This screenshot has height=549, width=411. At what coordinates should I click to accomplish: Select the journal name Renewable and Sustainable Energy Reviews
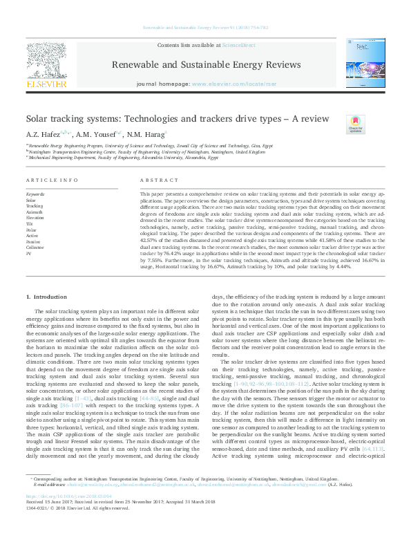[205, 65]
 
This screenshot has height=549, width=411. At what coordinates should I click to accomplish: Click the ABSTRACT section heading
[154, 180]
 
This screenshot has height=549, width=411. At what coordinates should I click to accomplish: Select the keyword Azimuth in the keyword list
[34, 212]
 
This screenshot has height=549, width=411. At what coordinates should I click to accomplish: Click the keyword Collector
[35, 247]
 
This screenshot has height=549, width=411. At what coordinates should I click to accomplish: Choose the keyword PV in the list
[29, 253]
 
